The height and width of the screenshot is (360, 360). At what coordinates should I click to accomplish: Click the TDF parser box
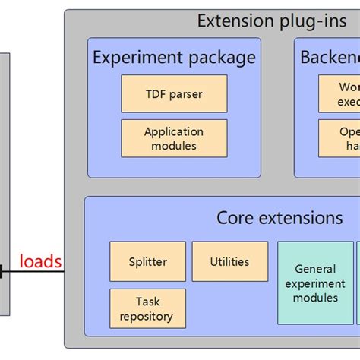(174, 93)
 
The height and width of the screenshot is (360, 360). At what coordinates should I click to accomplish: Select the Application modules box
(174, 138)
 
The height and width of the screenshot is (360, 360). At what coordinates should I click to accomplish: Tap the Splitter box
(147, 261)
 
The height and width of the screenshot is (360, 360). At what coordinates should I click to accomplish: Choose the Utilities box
(229, 261)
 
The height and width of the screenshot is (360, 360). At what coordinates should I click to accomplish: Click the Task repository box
(147, 308)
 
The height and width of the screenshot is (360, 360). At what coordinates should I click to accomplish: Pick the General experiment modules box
(315, 283)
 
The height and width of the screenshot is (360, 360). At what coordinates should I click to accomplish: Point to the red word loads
(40, 262)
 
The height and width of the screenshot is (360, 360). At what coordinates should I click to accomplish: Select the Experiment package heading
(174, 58)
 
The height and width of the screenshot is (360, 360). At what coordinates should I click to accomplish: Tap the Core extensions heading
(279, 218)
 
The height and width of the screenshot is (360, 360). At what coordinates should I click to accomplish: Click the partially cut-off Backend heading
(330, 58)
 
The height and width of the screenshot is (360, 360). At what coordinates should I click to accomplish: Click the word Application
(174, 131)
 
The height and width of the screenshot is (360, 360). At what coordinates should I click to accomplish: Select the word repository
(147, 316)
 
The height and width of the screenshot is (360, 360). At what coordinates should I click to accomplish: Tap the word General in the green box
(315, 268)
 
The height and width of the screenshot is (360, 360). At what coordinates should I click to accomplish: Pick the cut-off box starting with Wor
(340, 93)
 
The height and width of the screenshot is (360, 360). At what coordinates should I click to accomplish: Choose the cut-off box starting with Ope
(340, 138)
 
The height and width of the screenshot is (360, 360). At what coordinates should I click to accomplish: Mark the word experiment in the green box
(315, 283)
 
